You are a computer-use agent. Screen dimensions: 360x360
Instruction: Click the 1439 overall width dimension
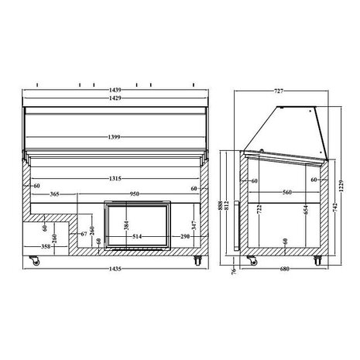[x=115, y=91]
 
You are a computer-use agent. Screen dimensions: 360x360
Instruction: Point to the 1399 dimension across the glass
[x=115, y=137]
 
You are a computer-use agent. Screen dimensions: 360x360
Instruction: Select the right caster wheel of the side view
[x=317, y=259]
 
